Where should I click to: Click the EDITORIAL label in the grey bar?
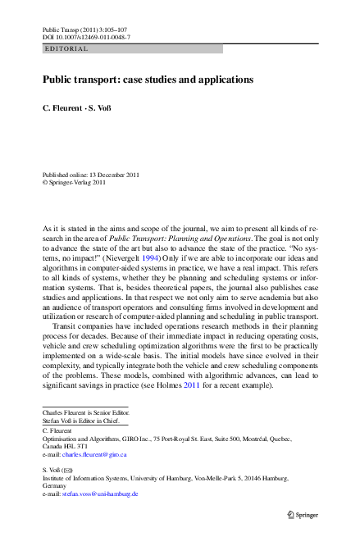(66, 49)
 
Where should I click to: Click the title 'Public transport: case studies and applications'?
(148, 80)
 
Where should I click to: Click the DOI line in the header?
(86, 38)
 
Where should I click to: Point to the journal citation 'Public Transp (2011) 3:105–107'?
(84, 29)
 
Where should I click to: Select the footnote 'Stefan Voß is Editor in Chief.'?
(80, 421)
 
